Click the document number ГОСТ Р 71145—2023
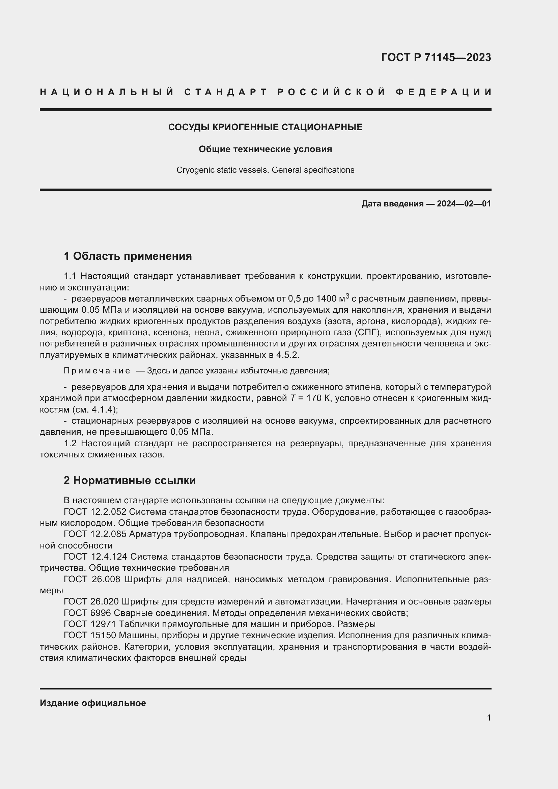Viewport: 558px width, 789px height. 436,57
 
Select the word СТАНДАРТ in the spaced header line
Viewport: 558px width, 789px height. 226,92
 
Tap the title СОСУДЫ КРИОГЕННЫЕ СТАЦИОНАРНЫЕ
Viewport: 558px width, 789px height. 265,127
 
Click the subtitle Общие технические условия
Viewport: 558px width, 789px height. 265,149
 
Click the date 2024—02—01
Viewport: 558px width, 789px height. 464,204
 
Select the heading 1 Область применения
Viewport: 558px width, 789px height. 128,256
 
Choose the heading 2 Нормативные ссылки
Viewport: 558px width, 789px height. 130,480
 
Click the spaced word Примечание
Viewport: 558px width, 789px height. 97,371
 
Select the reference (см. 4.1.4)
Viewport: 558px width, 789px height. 90,410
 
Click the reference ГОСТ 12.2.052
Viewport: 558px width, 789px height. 95,512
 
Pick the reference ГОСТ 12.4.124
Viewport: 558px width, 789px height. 95,557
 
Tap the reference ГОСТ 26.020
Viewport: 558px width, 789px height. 91,602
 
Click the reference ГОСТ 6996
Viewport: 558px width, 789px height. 87,613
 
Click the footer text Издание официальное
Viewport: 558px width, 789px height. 93,703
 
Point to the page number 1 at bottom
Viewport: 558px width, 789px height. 489,718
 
